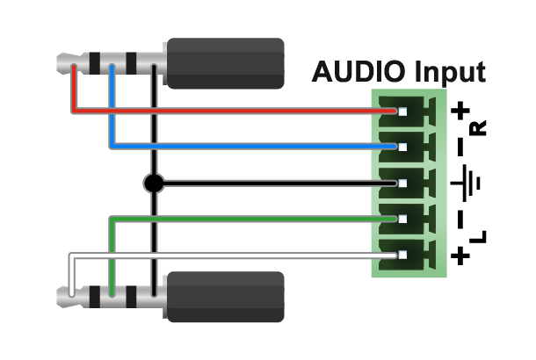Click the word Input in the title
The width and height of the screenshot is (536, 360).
tap(450, 73)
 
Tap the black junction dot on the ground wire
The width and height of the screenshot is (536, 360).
tap(154, 184)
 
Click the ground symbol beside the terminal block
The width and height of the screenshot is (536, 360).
tap(465, 184)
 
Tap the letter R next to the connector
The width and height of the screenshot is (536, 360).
tap(478, 128)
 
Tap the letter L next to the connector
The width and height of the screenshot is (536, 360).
tap(478, 237)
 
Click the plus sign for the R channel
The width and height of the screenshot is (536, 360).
tap(460, 111)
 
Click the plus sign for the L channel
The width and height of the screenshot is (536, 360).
tap(460, 256)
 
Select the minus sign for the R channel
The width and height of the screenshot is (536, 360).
tap(460, 147)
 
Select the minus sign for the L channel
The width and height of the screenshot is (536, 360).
tap(460, 219)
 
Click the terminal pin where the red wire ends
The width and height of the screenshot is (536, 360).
tap(402, 112)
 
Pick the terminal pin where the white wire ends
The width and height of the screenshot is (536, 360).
tap(402, 256)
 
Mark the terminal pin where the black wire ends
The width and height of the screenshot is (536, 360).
tap(402, 184)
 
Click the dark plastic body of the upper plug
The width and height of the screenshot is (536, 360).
tap(226, 63)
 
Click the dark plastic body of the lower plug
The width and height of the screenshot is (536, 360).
tap(226, 297)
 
